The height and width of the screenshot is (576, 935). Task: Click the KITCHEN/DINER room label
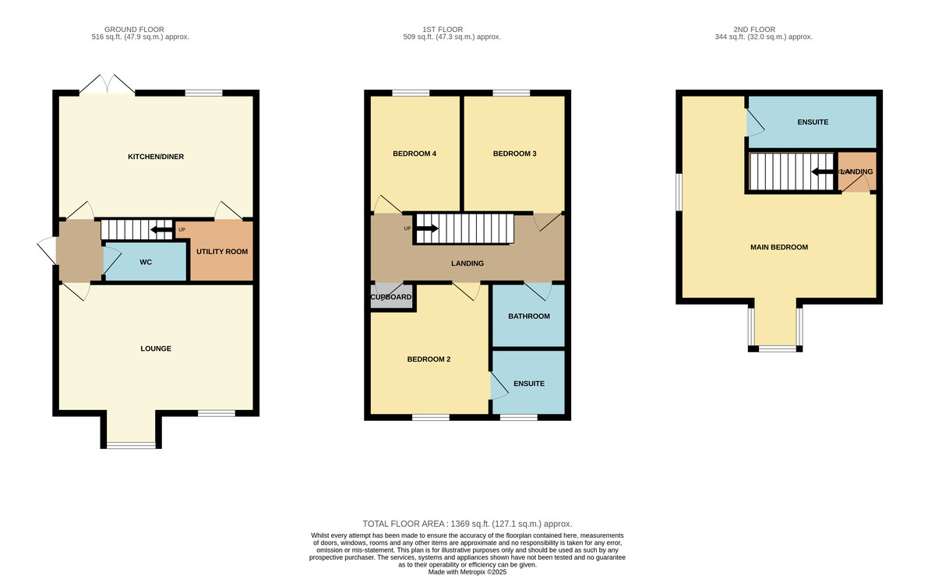pos(156,157)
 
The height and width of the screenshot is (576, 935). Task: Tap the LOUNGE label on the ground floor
pos(156,348)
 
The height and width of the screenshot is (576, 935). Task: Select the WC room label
pos(146,263)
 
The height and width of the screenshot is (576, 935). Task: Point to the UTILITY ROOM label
pos(222,252)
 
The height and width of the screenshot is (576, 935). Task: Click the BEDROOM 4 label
pos(414,154)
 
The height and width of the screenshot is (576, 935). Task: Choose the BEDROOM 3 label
pos(514,154)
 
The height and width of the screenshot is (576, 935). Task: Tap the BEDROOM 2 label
pos(429,359)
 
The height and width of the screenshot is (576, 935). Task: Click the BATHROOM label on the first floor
pos(529,316)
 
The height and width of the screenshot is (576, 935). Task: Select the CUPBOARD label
pos(391,297)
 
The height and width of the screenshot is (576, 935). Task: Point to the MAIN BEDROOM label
pos(779,247)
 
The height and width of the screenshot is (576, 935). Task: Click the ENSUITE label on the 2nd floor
pos(813,122)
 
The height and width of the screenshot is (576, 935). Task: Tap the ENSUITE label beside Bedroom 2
pos(529,383)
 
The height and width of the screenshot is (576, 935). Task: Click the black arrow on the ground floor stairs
pos(162,229)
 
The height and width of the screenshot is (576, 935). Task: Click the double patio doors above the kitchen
pos(108,84)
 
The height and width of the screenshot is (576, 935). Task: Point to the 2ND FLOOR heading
pos(764,29)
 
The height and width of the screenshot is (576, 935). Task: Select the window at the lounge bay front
pos(131,445)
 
